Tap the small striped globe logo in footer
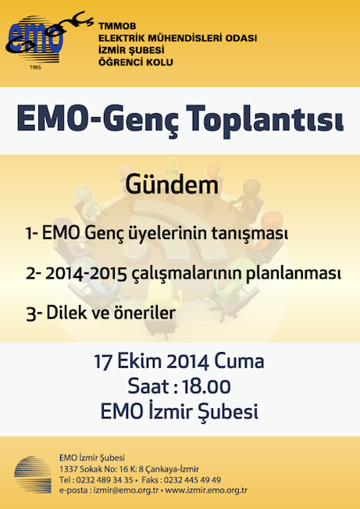(33, 475)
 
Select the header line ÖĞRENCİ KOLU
(136, 62)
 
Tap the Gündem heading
(172, 185)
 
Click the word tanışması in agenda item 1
(250, 233)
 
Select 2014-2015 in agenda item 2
(86, 274)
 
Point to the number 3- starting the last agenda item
(34, 314)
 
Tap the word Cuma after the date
(239, 361)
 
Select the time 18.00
(206, 386)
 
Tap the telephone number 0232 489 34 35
(104, 480)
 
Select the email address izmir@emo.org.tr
(126, 490)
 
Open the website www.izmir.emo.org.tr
(206, 490)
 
